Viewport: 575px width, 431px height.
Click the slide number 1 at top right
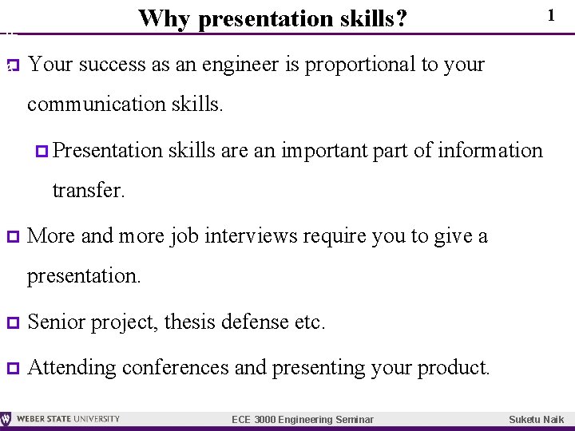pos(551,15)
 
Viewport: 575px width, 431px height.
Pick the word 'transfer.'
pos(88,191)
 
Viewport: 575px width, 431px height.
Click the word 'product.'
pos(454,368)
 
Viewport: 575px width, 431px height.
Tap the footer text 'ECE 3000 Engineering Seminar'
pos(302,420)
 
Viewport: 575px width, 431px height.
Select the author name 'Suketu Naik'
pos(536,420)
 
